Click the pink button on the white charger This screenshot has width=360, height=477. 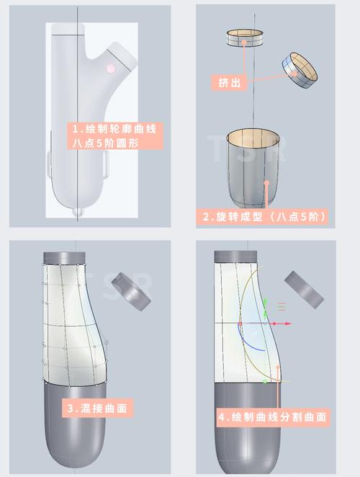pos(110,69)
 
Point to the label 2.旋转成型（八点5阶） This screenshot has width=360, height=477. pos(264,216)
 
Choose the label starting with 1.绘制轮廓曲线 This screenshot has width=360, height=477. pos(114,136)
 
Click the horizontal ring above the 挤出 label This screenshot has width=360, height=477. pos(244,38)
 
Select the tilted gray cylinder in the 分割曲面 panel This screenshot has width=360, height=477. pos(307,289)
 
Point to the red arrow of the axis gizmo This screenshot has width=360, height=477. pos(288,324)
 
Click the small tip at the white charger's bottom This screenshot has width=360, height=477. pos(77,213)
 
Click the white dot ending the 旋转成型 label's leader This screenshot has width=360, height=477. pos(267,183)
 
